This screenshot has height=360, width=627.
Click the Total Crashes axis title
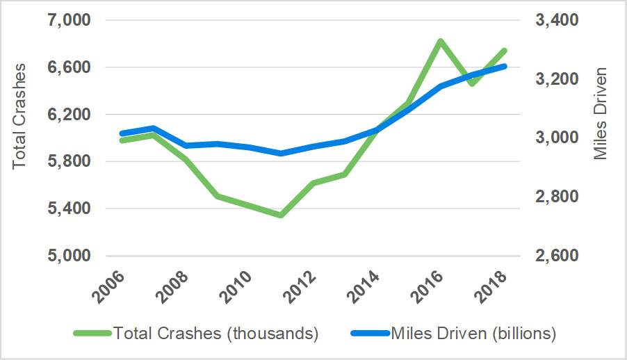coord(19,116)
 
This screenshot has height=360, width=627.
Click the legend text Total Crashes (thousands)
coord(215,334)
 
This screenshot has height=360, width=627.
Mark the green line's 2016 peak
coord(439,41)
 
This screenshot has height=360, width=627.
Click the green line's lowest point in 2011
coord(281,215)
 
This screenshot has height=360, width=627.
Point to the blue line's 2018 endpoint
coord(505,66)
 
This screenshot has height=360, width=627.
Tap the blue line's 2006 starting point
coord(122,133)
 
